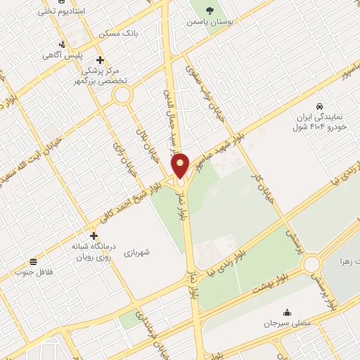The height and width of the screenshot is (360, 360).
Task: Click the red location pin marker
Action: tap(181, 165)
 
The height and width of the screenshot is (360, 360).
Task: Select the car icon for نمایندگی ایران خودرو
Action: tap(320, 103)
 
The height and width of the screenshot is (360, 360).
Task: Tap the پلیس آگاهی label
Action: tap(62, 55)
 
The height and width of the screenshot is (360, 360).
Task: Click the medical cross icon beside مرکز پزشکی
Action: tap(101, 60)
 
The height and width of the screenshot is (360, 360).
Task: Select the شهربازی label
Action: tap(138, 251)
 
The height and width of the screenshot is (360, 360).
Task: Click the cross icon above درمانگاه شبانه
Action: tap(94, 236)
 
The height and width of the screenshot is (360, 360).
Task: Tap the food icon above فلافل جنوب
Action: tap(33, 261)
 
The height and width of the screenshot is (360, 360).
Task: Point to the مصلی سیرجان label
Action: tap(287, 323)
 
